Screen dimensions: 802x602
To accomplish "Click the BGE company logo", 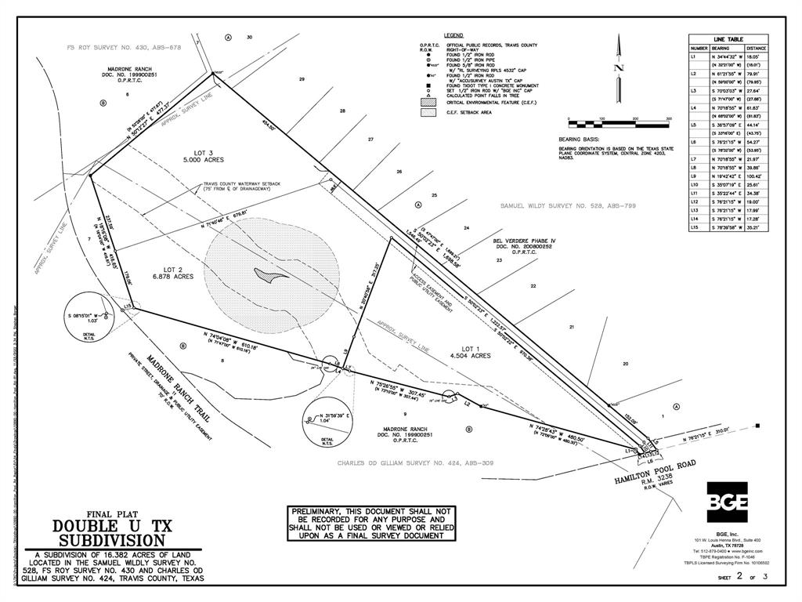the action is [x=727, y=502].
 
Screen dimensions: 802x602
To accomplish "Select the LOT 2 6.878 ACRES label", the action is [x=172, y=272].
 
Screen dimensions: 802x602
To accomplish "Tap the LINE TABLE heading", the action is [x=728, y=39].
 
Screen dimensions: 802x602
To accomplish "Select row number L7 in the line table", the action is [x=694, y=159].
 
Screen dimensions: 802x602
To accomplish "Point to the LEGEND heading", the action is [x=454, y=36].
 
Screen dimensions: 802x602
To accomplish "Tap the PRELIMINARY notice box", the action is [x=370, y=523].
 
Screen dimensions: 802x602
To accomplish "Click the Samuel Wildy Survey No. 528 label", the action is [x=568, y=205].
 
